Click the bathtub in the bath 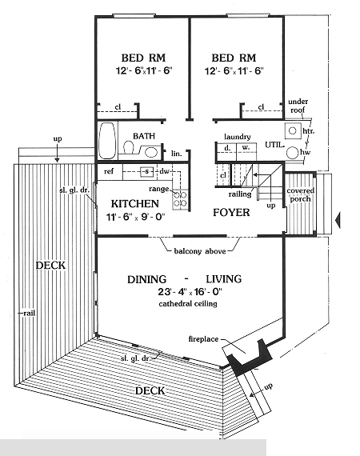point(107,141)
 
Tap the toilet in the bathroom point(129,147)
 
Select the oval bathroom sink point(151,152)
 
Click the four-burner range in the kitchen point(180,199)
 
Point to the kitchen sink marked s point(146,171)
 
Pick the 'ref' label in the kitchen point(109,171)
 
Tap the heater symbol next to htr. point(293,131)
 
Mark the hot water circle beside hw point(293,153)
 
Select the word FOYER point(231,212)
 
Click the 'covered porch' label point(300,195)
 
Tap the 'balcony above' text point(200,251)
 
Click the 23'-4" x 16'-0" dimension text point(188,291)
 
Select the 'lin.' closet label point(176,154)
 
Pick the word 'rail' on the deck point(29,314)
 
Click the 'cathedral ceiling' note point(188,304)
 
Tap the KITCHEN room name point(135,203)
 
